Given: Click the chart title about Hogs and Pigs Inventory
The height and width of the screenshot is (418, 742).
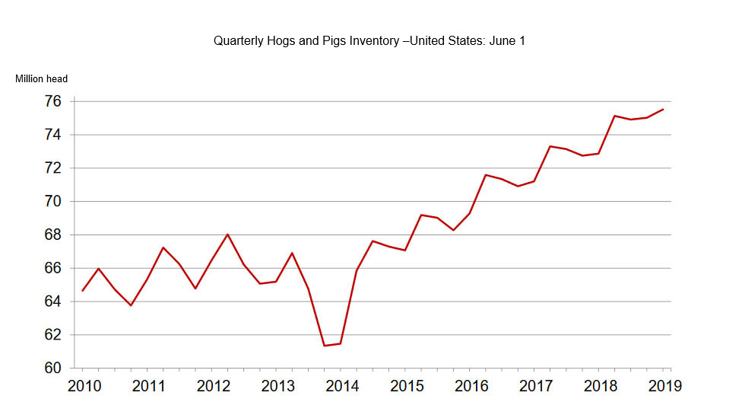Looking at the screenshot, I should coord(369,41).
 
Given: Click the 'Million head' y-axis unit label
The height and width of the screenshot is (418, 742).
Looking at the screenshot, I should coord(41,78).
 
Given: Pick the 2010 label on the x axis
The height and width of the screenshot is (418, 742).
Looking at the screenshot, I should coord(84,386).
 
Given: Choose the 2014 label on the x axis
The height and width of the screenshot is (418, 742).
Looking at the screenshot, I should coord(342,386).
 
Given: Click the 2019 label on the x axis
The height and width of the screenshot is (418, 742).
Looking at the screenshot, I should coord(664,386).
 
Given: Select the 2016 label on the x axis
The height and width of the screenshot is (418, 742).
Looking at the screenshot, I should coord(471,386).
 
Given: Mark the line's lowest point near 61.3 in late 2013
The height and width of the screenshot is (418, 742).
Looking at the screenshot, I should coord(325,346).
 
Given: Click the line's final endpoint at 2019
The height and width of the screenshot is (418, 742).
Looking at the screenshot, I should coord(663,109).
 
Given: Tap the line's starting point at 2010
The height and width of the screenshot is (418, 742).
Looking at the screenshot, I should coord(82,291).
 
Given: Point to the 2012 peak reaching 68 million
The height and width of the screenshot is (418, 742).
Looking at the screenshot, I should coord(227,234).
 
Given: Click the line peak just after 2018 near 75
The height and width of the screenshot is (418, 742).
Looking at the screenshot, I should coord(614,116).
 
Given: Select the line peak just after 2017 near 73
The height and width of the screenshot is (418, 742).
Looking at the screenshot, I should coord(550,146).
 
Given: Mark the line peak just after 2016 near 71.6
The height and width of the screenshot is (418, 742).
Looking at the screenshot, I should coord(485,175).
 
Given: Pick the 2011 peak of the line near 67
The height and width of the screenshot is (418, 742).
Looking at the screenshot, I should coord(163,247).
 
